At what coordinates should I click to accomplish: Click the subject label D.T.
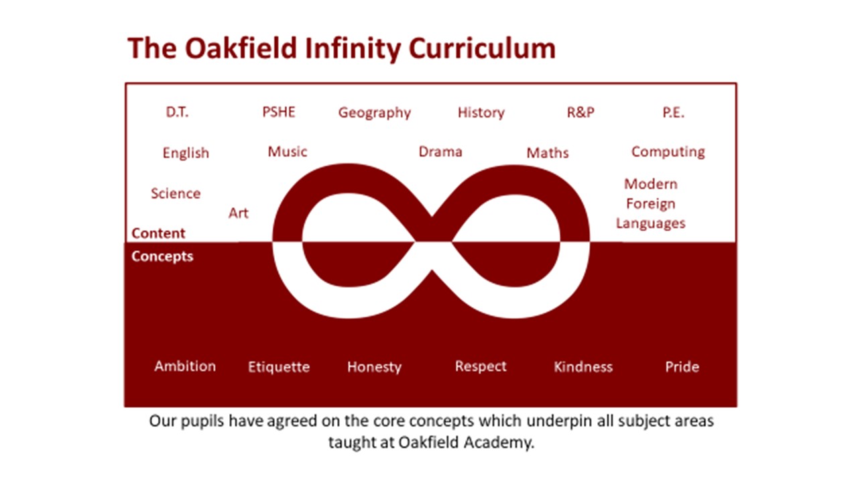coord(177,112)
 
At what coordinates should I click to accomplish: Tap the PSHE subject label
coord(279,112)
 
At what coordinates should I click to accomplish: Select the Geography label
coord(375,113)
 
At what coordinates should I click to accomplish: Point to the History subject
coord(481,113)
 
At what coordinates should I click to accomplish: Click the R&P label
coord(580,112)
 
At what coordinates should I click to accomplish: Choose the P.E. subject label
coord(674,112)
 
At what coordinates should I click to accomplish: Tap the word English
coord(186,153)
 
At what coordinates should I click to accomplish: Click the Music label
coord(288,152)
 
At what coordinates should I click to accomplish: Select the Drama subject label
coord(440,152)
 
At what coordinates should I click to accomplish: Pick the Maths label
coord(548,153)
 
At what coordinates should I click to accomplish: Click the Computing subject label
coord(668,152)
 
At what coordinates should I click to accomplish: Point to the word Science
coord(176,193)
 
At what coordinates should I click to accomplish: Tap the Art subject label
coord(238,213)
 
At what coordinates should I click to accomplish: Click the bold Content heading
coord(158,233)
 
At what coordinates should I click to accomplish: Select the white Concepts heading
coord(162,256)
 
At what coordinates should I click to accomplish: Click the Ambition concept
coord(185,366)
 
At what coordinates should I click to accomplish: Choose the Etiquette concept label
coord(279,367)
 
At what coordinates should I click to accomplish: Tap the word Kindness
coord(583,367)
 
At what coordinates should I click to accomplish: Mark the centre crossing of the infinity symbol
coord(432,241)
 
